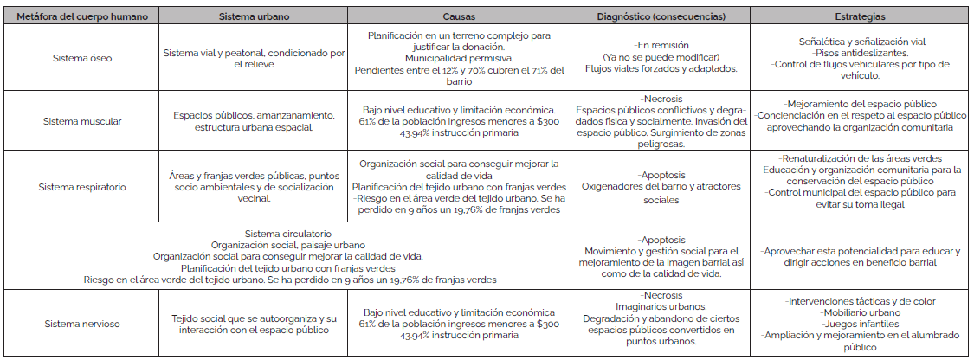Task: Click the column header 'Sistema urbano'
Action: (x=254, y=16)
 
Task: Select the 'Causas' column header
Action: (x=459, y=16)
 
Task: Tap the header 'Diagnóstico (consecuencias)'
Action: (x=661, y=16)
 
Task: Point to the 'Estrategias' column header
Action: (x=860, y=16)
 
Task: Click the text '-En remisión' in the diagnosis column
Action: (x=661, y=42)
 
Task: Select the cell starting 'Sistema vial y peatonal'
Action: (x=254, y=59)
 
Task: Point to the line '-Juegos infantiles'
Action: (x=860, y=324)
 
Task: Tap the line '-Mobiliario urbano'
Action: (x=860, y=312)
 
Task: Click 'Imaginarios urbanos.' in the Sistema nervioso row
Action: (x=661, y=306)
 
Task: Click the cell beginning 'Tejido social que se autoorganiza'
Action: (x=254, y=323)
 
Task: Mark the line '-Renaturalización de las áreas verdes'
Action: (x=860, y=159)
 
